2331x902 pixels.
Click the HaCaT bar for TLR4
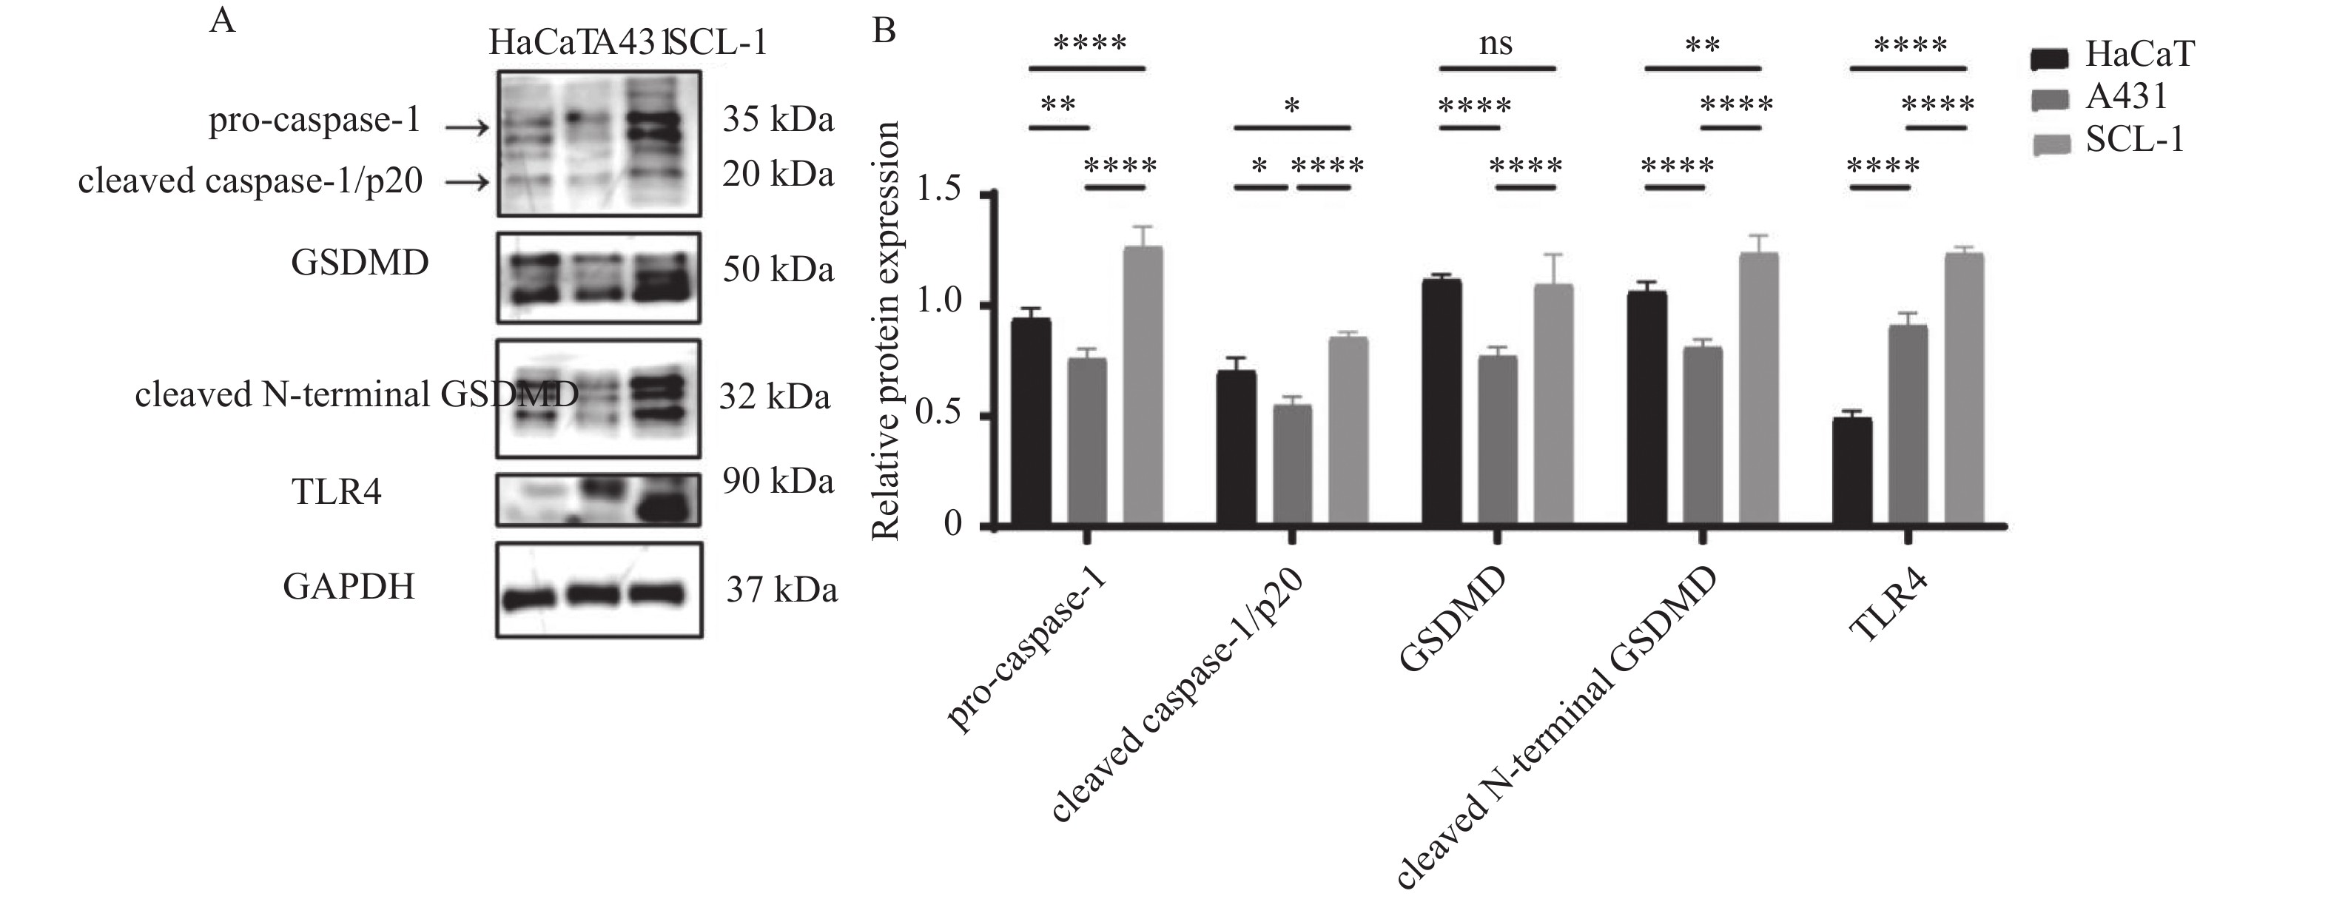[x=1851, y=471]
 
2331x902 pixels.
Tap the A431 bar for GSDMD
[x=1497, y=440]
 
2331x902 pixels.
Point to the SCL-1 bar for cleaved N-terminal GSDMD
[x=1757, y=389]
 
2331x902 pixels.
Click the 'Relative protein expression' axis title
[x=885, y=330]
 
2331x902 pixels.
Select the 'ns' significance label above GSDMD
[x=1495, y=44]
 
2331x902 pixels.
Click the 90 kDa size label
[x=777, y=481]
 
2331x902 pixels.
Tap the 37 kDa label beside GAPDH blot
[x=781, y=590]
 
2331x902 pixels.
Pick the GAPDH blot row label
[x=349, y=586]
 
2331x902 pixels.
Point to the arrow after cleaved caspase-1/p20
[x=467, y=184]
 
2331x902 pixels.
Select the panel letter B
[x=883, y=31]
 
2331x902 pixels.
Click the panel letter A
[x=222, y=20]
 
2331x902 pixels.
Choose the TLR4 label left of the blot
[x=337, y=492]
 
